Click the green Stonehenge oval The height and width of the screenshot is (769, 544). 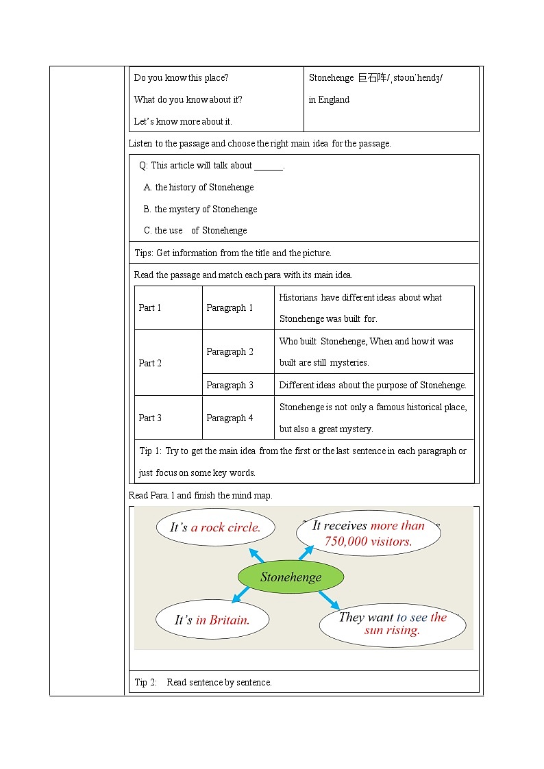[x=290, y=577]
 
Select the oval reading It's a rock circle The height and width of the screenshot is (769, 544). [x=215, y=527]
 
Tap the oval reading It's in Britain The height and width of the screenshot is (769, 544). [x=212, y=620]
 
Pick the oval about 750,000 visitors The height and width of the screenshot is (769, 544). [x=369, y=533]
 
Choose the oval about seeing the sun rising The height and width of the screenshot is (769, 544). [x=392, y=624]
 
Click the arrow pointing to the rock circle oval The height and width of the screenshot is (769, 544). [x=256, y=555]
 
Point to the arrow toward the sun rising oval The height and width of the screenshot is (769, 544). [x=329, y=600]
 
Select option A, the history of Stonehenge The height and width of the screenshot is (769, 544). [x=199, y=187]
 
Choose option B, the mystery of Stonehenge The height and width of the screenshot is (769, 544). [x=200, y=209]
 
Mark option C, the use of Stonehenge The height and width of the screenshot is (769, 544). [x=195, y=231]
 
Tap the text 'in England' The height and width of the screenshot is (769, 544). [x=329, y=100]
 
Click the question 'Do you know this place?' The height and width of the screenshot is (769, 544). [x=181, y=78]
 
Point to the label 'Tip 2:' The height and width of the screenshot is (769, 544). [x=146, y=682]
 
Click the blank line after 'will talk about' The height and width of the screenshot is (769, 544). [x=268, y=166]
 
